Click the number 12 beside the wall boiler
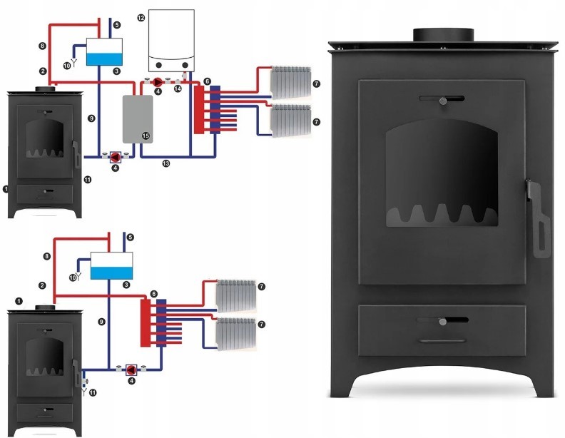click(141, 16)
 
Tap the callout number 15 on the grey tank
click(145, 135)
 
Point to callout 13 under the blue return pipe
click(166, 163)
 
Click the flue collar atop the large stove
click(444, 34)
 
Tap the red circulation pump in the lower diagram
click(131, 370)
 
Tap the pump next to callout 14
click(158, 81)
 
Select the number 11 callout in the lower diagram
click(91, 392)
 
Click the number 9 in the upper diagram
click(91, 116)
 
